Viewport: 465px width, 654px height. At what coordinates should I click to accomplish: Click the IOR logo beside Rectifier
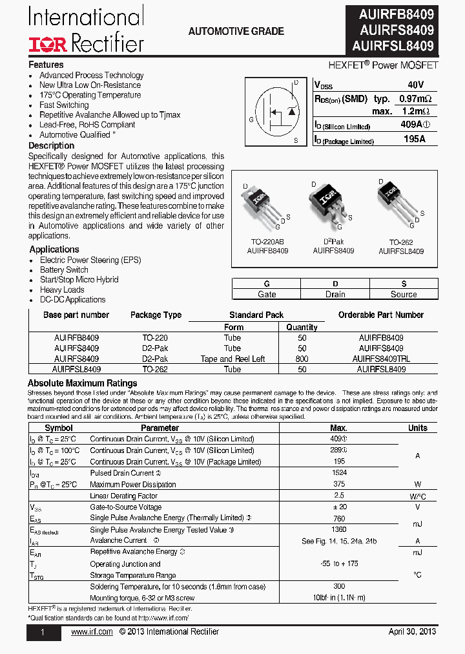click(x=47, y=44)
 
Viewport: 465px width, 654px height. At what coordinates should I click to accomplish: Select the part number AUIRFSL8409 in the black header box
click(x=393, y=46)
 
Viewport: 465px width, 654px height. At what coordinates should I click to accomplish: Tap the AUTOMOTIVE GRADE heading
click(x=236, y=31)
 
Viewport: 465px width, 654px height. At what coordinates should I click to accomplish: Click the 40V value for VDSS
click(x=416, y=85)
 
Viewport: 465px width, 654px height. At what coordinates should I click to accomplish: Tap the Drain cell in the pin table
click(x=335, y=294)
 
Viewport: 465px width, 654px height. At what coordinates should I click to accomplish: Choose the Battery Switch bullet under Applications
click(x=64, y=269)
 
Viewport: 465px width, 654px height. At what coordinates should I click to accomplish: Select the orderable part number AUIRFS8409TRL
click(x=381, y=359)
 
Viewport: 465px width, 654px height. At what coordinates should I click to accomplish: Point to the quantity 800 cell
click(x=302, y=359)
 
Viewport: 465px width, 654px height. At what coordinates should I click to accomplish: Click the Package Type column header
click(x=156, y=315)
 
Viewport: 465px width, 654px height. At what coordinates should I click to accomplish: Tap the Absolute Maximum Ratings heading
click(x=82, y=383)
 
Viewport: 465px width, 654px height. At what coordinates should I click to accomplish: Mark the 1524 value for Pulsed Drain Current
click(x=338, y=473)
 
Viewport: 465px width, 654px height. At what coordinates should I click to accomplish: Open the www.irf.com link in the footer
click(x=92, y=631)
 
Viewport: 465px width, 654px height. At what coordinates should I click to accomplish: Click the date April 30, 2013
click(x=412, y=631)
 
